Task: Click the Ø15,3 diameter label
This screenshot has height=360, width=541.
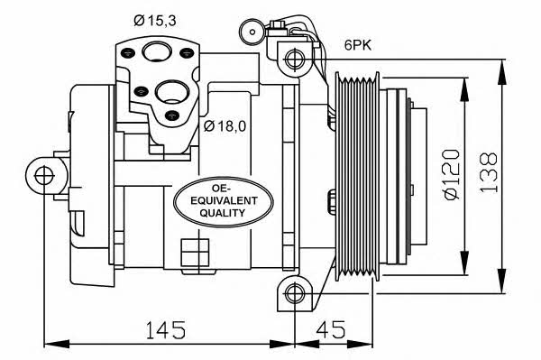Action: click(155, 21)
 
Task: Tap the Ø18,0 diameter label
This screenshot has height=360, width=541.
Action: click(225, 126)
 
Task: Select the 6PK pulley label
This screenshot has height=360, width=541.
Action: click(358, 45)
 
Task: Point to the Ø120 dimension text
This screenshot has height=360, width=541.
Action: click(453, 175)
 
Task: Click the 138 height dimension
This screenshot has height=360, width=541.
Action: click(489, 172)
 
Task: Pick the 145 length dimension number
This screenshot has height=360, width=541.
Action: click(166, 329)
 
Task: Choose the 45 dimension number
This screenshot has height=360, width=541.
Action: click(330, 329)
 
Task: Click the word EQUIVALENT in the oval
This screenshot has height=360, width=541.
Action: click(224, 200)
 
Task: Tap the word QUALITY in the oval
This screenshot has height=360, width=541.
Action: click(222, 213)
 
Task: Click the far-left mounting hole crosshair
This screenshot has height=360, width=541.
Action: click(44, 175)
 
